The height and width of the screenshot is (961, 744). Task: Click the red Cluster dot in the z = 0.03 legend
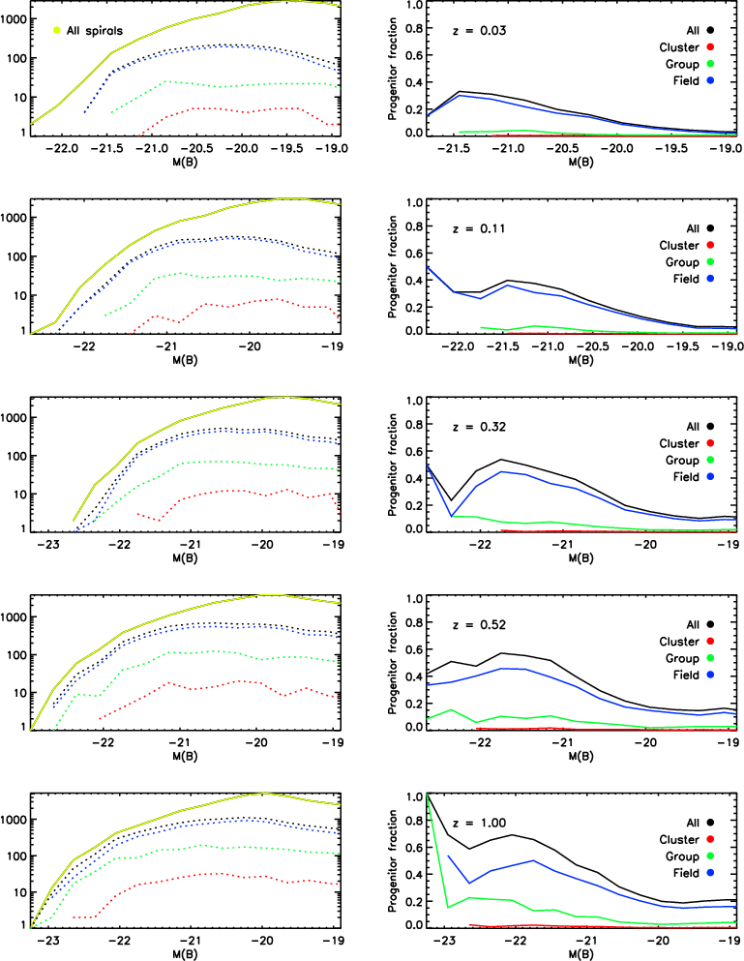tap(709, 46)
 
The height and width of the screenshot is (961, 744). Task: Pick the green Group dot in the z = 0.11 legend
tap(709, 261)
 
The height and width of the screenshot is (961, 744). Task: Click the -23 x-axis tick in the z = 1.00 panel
tap(444, 942)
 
